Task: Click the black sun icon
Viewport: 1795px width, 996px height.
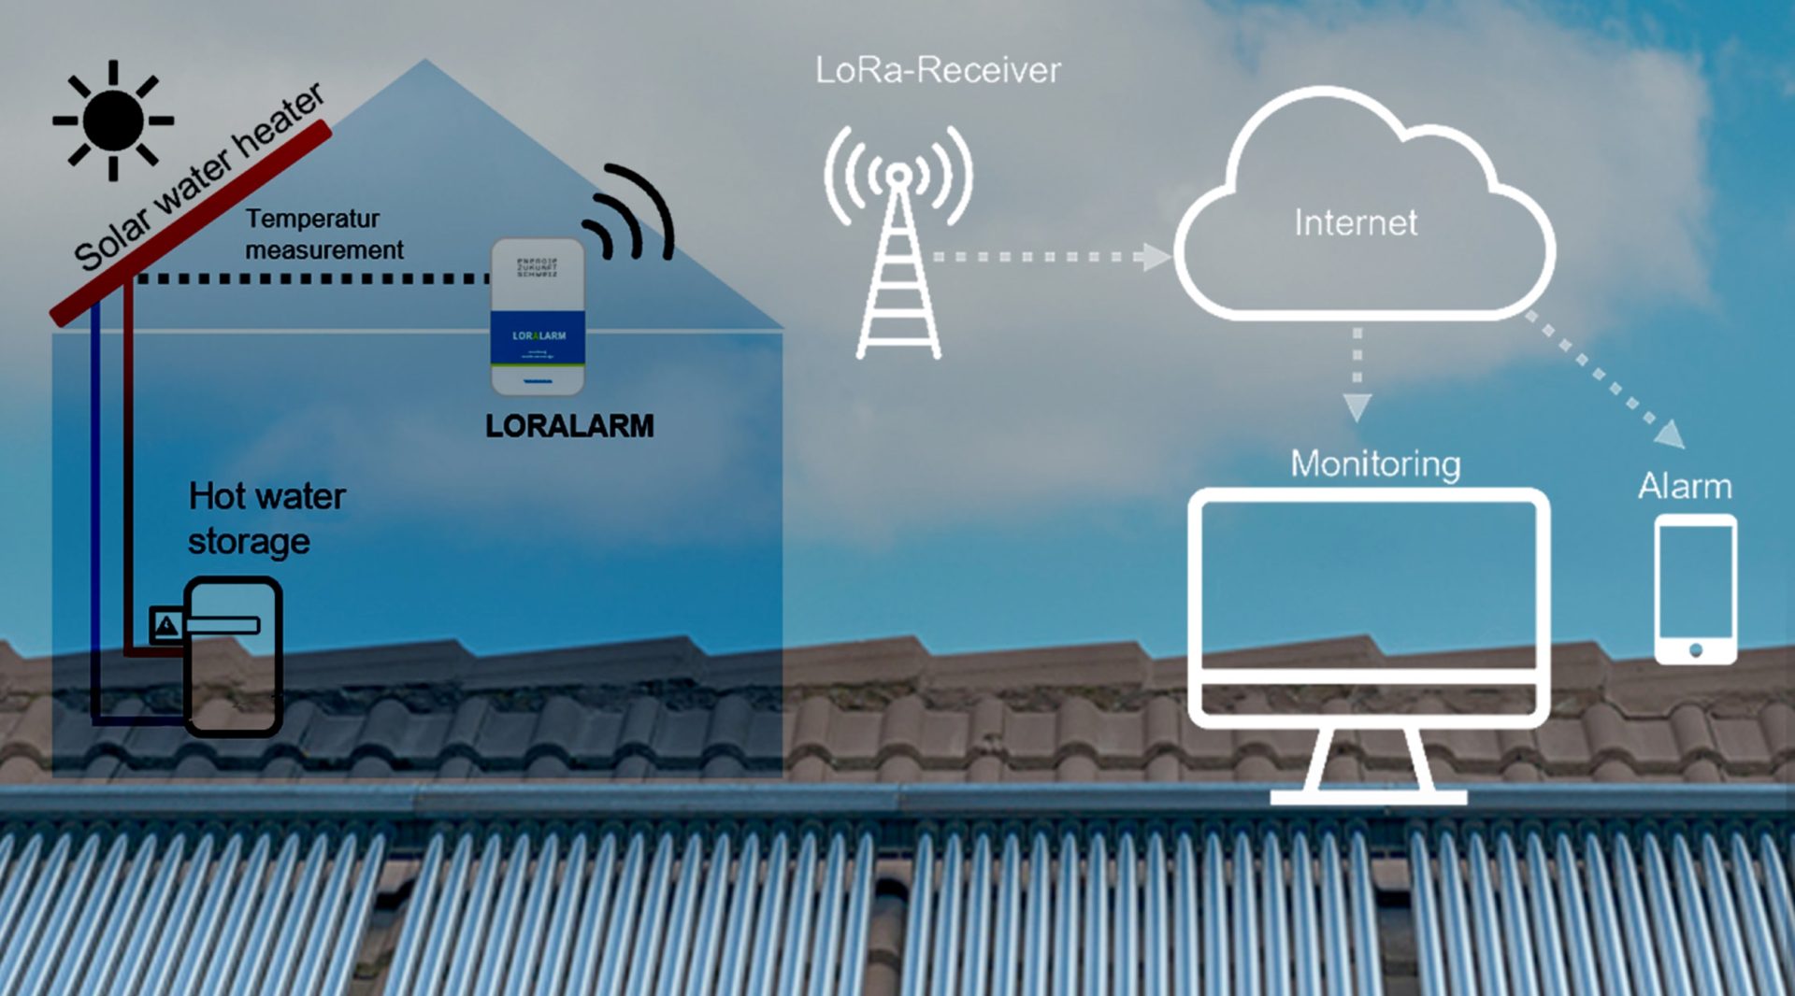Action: tap(113, 121)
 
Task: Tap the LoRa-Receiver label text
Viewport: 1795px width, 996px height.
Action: tap(938, 70)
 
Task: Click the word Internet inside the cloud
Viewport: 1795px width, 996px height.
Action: tap(1356, 222)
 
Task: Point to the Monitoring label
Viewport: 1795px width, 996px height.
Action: tap(1375, 463)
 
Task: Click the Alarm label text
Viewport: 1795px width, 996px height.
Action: tap(1685, 486)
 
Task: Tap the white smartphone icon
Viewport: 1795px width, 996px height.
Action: tap(1695, 589)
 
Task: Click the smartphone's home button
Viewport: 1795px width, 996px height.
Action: tap(1695, 649)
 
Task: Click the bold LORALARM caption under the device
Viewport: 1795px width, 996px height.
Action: tap(569, 426)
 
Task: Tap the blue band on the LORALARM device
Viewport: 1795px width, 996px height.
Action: tap(538, 336)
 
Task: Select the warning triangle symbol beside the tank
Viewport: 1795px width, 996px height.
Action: tap(166, 625)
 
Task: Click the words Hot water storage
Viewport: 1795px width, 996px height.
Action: tap(266, 519)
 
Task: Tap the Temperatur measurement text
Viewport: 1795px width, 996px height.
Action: tap(323, 235)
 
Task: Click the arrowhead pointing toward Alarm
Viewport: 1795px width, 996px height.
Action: tap(1672, 434)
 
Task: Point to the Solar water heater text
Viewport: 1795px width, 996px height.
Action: tap(198, 178)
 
